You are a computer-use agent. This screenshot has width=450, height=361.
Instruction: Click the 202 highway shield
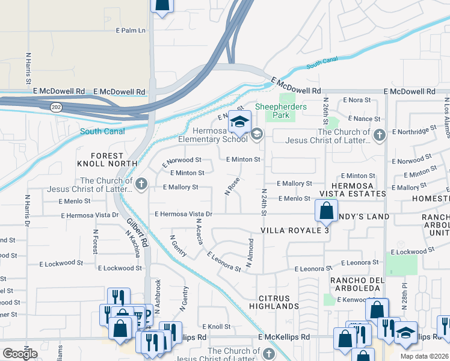point(56,106)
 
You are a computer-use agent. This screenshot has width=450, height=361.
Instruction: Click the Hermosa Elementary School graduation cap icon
point(239,122)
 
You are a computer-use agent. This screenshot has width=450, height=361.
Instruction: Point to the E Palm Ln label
point(131,30)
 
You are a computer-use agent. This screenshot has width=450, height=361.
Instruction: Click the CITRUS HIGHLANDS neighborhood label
point(279,302)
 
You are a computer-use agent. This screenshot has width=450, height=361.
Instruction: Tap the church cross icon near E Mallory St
point(141,184)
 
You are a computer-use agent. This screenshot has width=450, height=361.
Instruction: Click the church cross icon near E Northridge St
point(379,135)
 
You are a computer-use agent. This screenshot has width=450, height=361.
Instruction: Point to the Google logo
point(20,354)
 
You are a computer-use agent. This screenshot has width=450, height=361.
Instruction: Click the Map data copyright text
point(425,356)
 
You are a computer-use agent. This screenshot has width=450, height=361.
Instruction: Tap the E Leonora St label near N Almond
point(224,263)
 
